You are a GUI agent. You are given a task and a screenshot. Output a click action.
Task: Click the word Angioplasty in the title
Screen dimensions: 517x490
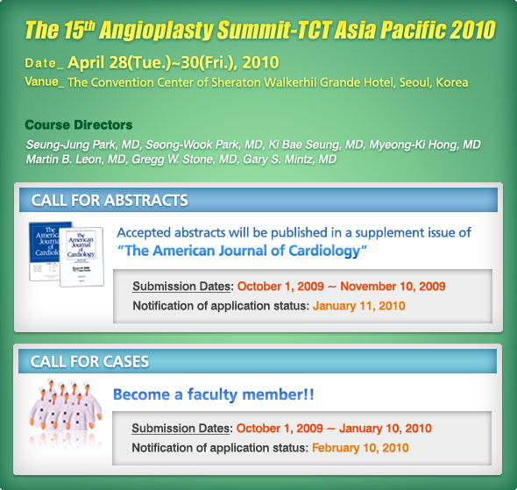[157, 31]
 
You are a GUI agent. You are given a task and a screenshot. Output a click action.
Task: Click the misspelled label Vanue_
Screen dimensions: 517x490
[45, 82]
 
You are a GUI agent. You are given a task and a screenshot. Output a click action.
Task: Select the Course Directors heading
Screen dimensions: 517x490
[79, 125]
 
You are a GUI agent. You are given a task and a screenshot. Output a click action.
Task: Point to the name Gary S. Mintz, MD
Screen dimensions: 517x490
[289, 160]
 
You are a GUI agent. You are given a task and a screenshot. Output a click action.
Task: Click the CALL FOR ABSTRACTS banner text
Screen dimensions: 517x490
[110, 200]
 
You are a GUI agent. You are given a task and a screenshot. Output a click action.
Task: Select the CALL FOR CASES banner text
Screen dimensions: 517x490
[89, 361]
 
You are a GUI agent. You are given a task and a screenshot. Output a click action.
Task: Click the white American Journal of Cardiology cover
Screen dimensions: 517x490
[81, 257]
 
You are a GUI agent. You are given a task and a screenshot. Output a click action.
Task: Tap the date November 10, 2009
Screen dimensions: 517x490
[393, 287]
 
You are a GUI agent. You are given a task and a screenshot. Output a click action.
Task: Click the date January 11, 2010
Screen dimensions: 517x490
[358, 306]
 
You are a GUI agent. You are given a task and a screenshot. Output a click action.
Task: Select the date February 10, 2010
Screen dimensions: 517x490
[360, 448]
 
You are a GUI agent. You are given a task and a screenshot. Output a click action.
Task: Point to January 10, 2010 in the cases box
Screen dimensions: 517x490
[386, 429]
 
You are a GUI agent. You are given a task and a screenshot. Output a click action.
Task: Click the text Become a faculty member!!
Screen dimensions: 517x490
[213, 394]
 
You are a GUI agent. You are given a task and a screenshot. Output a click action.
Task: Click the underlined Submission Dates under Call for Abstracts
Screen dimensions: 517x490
[181, 287]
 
